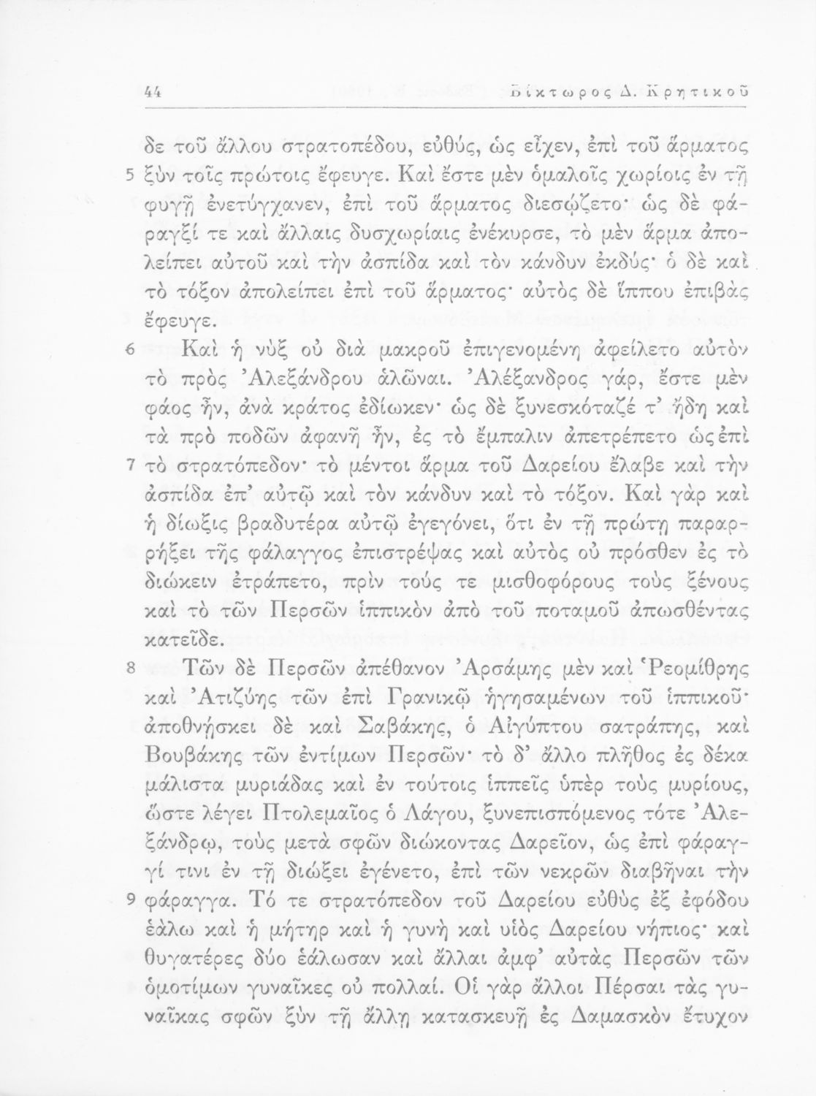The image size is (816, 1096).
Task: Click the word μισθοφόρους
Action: click(x=476, y=581)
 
